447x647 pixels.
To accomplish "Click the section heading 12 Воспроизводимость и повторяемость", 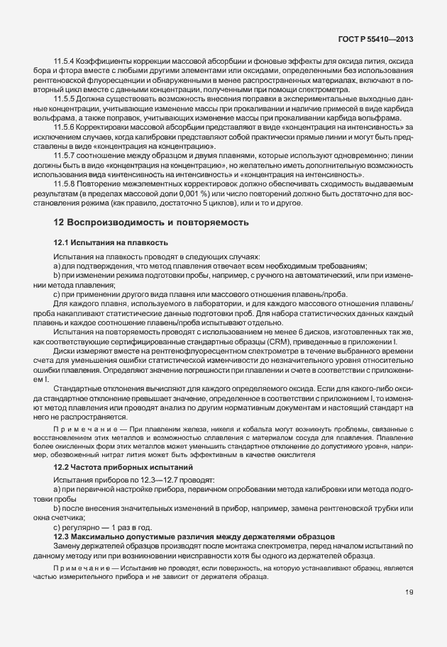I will pyautogui.click(x=150, y=222).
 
